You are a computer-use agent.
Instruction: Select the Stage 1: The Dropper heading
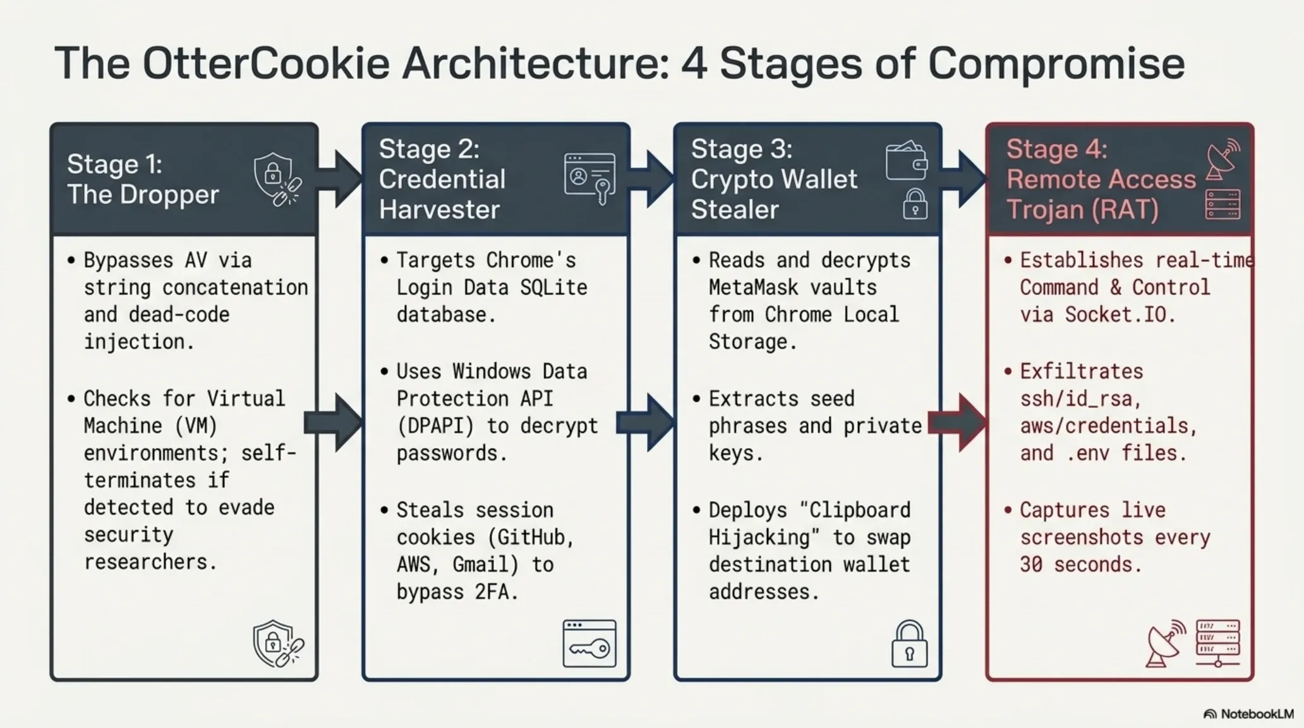pos(143,179)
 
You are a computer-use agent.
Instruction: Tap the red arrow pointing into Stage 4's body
pos(957,422)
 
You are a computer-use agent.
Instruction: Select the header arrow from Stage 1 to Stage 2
pos(339,179)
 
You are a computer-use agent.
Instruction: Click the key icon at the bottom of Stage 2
pos(589,644)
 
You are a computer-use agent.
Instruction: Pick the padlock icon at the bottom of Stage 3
pos(910,644)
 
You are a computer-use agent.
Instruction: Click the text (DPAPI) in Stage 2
pos(435,426)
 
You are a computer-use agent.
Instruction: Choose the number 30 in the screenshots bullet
pos(1031,564)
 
